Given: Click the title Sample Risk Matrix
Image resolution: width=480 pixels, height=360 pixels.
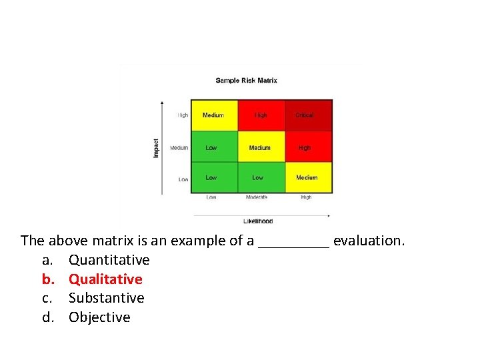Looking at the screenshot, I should coord(246,81).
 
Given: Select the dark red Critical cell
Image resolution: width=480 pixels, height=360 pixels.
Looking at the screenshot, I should coord(308,115).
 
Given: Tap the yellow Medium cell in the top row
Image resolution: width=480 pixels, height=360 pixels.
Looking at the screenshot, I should coord(214,115).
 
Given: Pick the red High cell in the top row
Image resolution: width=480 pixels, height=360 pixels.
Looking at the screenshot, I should coord(261,115).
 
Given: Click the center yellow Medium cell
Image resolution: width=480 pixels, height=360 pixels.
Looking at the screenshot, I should coord(261,147).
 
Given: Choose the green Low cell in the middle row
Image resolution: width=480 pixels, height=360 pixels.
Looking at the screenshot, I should coord(214,147).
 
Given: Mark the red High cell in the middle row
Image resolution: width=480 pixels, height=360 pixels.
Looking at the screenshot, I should coord(308,147).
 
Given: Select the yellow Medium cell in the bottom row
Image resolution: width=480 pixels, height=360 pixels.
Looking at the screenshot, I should coord(308,177).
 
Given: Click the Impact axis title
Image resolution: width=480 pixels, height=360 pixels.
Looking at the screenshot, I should coord(157,148).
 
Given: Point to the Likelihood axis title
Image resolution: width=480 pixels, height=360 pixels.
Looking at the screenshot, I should coord(258,221).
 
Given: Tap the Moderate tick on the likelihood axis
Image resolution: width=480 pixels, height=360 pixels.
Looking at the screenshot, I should coord(257,197).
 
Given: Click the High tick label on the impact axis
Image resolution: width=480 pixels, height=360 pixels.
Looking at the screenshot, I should coord(182,115).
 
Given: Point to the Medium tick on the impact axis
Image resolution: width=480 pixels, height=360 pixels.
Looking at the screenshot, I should coord(179,148).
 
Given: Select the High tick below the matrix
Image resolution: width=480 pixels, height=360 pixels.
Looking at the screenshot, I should coord(306,197).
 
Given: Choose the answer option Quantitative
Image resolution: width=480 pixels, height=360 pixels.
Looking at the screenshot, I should coord(109,260).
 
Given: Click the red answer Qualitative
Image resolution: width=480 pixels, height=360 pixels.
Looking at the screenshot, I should coord(105,279).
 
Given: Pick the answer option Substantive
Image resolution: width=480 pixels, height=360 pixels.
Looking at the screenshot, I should coord(106,298).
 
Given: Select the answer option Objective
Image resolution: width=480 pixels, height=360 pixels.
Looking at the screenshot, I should coord(99,317).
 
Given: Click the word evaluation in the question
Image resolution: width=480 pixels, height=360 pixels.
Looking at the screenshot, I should coord(369,241).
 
